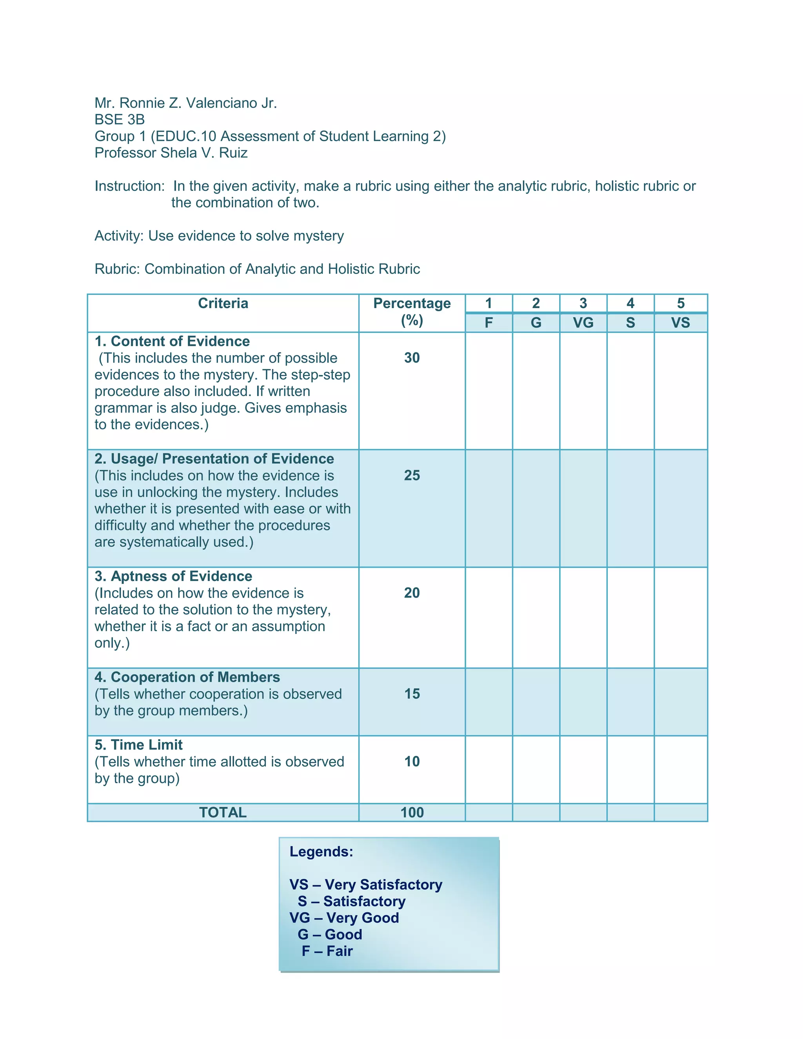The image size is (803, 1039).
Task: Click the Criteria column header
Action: (223, 303)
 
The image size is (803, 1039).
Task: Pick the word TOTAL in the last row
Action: (223, 812)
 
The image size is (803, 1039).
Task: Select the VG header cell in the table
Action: (583, 323)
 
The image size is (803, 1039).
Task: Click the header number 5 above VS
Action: (680, 303)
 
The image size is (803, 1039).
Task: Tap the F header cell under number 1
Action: (489, 323)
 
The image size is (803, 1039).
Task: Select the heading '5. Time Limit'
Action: (138, 745)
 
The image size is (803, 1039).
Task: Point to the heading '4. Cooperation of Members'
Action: (187, 677)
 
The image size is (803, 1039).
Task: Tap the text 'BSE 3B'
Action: (120, 120)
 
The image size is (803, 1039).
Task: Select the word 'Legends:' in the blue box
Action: (321, 852)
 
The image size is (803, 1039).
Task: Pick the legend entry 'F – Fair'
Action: (327, 951)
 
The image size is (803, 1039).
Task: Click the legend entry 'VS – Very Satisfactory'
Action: (365, 885)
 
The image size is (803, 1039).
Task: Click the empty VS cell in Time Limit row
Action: (680, 769)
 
